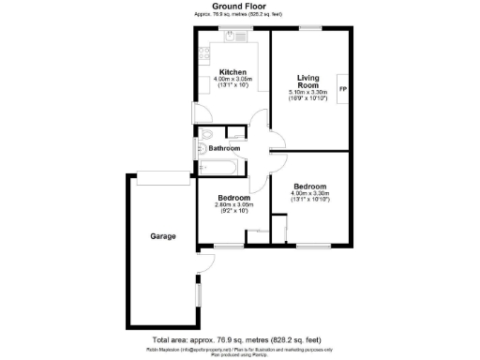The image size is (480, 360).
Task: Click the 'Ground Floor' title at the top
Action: click(240, 6)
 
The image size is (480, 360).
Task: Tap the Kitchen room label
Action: click(232, 72)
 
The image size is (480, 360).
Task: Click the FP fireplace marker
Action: click(342, 90)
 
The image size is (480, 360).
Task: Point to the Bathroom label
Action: click(224, 149)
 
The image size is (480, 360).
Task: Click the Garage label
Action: click(163, 236)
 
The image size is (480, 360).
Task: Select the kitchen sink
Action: click(232, 37)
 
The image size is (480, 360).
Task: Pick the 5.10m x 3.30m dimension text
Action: click(308, 93)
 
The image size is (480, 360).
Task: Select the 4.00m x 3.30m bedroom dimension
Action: click(309, 193)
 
